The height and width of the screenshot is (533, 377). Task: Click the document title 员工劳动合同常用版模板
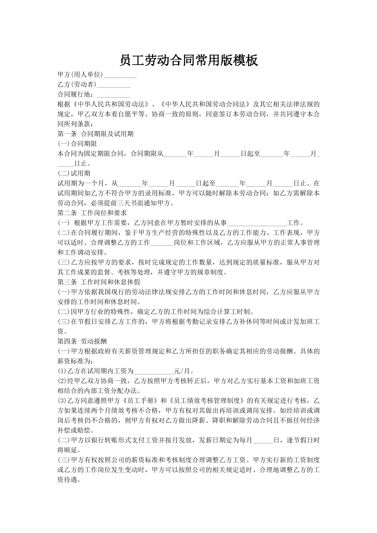tap(188, 60)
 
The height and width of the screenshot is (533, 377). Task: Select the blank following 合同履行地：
tap(113, 95)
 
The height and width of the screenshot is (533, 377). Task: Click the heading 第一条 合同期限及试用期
tap(95, 134)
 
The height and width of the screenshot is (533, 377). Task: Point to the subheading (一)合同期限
tap(77, 144)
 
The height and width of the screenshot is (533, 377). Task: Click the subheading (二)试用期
tap(74, 173)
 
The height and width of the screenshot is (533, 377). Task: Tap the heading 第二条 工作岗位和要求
tap(92, 213)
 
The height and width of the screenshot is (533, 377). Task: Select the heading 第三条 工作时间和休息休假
tap(99, 282)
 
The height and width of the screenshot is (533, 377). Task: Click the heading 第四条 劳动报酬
tap(82, 341)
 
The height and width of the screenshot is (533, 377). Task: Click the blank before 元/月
tap(154, 371)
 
